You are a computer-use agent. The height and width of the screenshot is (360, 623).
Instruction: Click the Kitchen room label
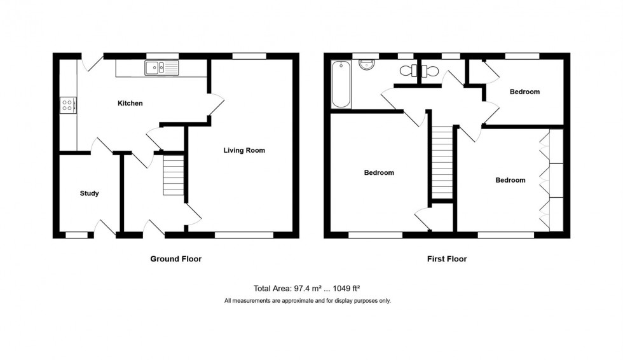130,103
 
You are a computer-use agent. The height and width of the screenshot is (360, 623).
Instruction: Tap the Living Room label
244,151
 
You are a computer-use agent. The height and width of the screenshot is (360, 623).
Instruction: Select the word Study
89,193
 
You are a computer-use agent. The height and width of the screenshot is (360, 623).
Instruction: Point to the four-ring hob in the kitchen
67,105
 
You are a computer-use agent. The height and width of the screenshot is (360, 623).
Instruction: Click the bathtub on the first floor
341,84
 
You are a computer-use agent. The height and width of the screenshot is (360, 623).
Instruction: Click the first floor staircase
442,162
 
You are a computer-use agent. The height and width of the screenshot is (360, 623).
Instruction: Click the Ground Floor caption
175,259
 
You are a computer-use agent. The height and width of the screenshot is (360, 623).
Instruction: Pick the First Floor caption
446,259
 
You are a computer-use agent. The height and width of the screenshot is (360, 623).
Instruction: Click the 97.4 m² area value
288,288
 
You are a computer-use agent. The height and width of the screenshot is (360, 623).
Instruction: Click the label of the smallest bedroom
524,92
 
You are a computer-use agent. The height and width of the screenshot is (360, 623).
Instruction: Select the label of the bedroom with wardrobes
510,180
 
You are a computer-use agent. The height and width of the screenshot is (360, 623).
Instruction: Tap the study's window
77,235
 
